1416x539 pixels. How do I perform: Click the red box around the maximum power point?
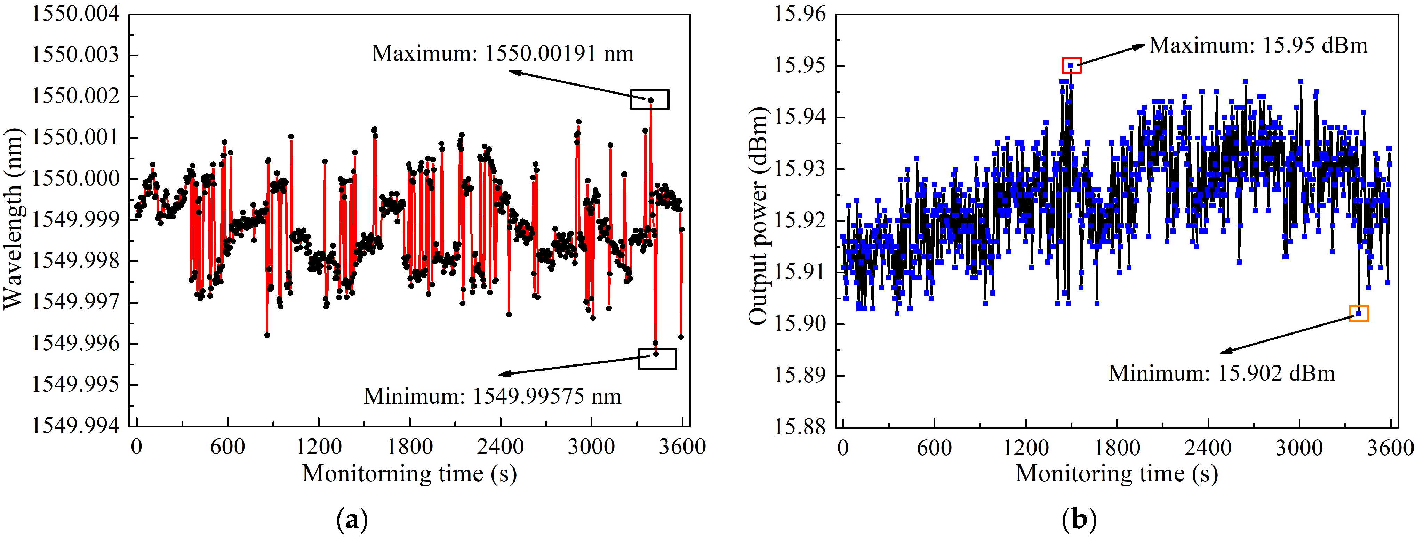tap(1071, 65)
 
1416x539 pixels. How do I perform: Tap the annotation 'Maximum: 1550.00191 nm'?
tap(502, 53)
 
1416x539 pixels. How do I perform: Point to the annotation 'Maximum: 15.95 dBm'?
tap(1258, 45)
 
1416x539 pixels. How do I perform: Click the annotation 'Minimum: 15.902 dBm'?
tap(1222, 373)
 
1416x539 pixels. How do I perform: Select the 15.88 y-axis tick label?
tap(800, 426)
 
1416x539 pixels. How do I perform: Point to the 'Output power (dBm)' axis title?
tap(758, 215)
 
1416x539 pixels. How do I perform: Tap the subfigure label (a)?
tap(352, 519)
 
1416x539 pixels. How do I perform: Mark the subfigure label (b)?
tap(1079, 519)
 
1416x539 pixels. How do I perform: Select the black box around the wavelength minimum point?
tap(657, 359)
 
